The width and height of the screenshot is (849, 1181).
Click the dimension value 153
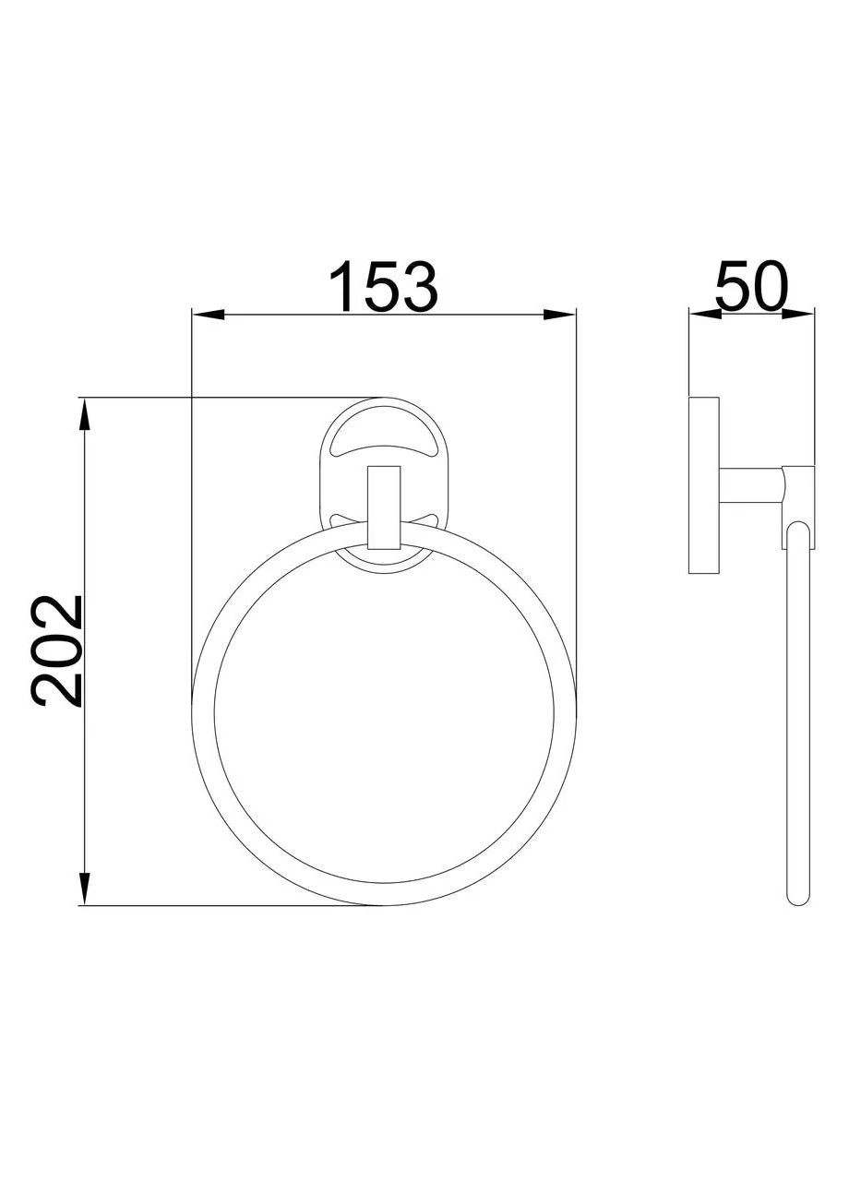(x=382, y=287)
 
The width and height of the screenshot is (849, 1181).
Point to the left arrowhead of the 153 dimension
(x=209, y=316)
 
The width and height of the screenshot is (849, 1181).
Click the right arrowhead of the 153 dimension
(x=559, y=316)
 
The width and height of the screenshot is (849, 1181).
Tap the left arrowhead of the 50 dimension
(x=706, y=315)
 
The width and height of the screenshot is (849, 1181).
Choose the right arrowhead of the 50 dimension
(x=798, y=315)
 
